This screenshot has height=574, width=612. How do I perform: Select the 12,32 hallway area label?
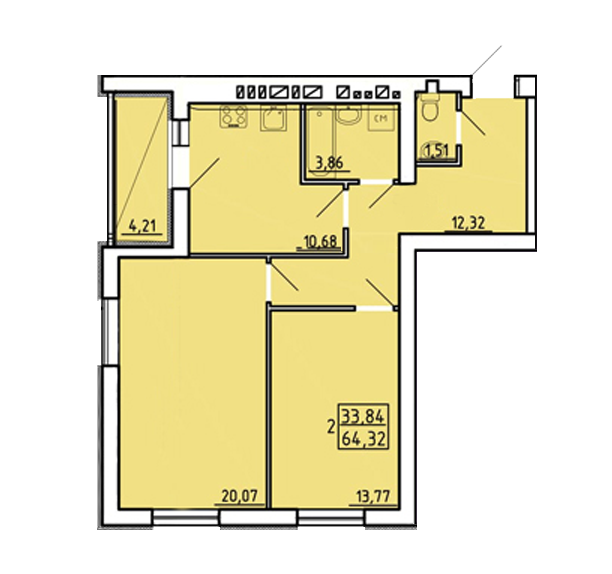[468, 223]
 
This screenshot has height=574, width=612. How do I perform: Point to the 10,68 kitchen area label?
[321, 242]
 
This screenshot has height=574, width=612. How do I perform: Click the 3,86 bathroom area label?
[329, 163]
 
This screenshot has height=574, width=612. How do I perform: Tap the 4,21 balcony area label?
[142, 226]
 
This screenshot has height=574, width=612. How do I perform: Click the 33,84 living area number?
[364, 416]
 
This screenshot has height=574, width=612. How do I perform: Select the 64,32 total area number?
[364, 439]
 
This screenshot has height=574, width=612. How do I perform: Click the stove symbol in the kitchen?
[234, 117]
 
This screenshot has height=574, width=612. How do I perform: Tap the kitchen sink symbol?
[274, 118]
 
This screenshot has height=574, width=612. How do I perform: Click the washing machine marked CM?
[381, 118]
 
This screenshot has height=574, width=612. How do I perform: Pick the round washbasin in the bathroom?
[350, 115]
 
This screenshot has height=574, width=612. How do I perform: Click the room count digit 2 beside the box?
[331, 427]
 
